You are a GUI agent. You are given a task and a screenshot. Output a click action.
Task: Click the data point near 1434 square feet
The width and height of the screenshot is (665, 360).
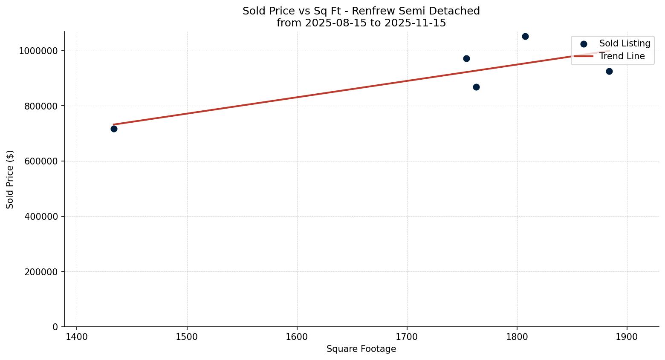coord(114,129)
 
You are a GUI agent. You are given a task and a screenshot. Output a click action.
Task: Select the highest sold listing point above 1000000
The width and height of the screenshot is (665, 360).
coord(525,36)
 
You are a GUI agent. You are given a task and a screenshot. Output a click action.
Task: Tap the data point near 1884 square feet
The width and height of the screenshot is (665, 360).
coord(609,71)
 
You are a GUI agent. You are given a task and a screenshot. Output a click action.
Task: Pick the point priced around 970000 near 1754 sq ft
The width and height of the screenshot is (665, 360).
coord(466,58)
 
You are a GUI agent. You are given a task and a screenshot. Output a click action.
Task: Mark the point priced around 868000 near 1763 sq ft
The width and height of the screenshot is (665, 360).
coord(476,87)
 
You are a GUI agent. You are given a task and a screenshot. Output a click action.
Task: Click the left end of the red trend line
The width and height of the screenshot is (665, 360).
coord(113,124)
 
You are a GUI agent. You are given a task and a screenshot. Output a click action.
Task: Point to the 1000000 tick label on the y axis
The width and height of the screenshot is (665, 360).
coord(38,51)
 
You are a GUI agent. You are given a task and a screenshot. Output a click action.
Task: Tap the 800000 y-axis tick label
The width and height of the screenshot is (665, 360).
coord(41,106)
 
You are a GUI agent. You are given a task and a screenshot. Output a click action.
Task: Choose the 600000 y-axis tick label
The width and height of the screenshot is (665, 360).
coord(41,161)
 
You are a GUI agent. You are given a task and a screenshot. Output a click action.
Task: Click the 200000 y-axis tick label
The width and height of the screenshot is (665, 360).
coord(41,272)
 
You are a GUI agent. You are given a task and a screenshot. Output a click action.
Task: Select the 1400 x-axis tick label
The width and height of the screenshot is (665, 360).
coord(77,337)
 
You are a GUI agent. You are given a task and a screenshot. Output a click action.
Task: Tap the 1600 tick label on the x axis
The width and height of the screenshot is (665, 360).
coord(297,337)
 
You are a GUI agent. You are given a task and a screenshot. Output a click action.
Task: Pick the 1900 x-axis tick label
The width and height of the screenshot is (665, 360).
coord(627,337)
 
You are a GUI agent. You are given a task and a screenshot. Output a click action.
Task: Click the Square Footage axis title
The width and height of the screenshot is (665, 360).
coord(361,349)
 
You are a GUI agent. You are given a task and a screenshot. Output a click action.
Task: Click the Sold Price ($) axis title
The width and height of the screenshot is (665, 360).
coord(10,179)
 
